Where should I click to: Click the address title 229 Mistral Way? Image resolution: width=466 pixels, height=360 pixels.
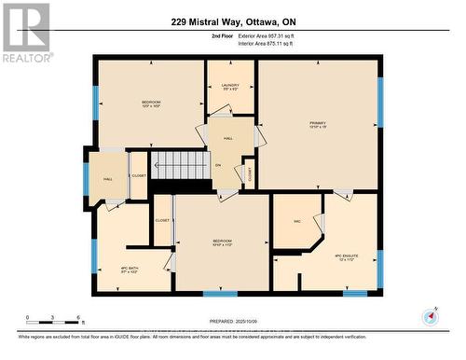tap(232, 21)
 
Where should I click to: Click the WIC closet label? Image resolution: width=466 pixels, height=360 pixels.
tap(296, 221)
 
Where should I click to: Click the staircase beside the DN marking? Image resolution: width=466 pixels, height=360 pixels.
tap(180, 165)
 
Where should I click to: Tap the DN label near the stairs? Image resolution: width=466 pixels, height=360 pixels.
tap(218, 167)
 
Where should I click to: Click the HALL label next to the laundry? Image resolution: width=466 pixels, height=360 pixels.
tap(228, 139)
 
